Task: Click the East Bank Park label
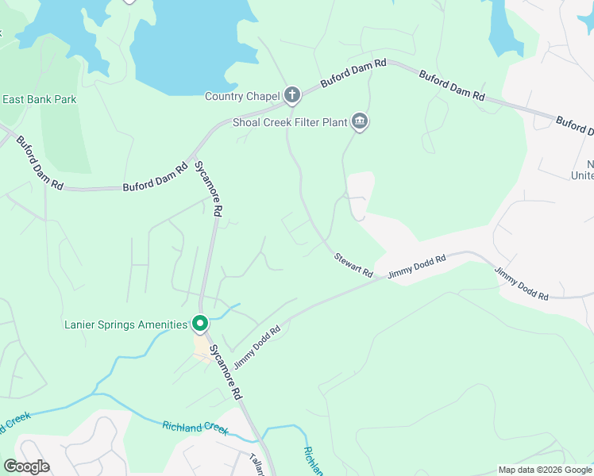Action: coord(40,99)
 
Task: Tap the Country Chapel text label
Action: coord(242,97)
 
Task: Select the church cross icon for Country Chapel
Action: coord(292,96)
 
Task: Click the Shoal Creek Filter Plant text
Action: coord(290,122)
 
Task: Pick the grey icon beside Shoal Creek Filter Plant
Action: coord(360,121)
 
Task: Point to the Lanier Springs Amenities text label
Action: coord(125,324)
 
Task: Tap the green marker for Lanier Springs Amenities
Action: coord(200,324)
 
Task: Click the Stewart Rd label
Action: coord(353,265)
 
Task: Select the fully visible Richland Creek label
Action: coord(195,428)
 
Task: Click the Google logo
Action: coord(27,466)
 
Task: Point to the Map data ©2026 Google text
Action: coord(545,470)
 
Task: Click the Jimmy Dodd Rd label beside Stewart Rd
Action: coord(417,265)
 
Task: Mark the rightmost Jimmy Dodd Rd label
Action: coord(521,283)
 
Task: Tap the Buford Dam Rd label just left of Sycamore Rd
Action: coord(153,186)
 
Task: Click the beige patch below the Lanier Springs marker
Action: coord(203,347)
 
